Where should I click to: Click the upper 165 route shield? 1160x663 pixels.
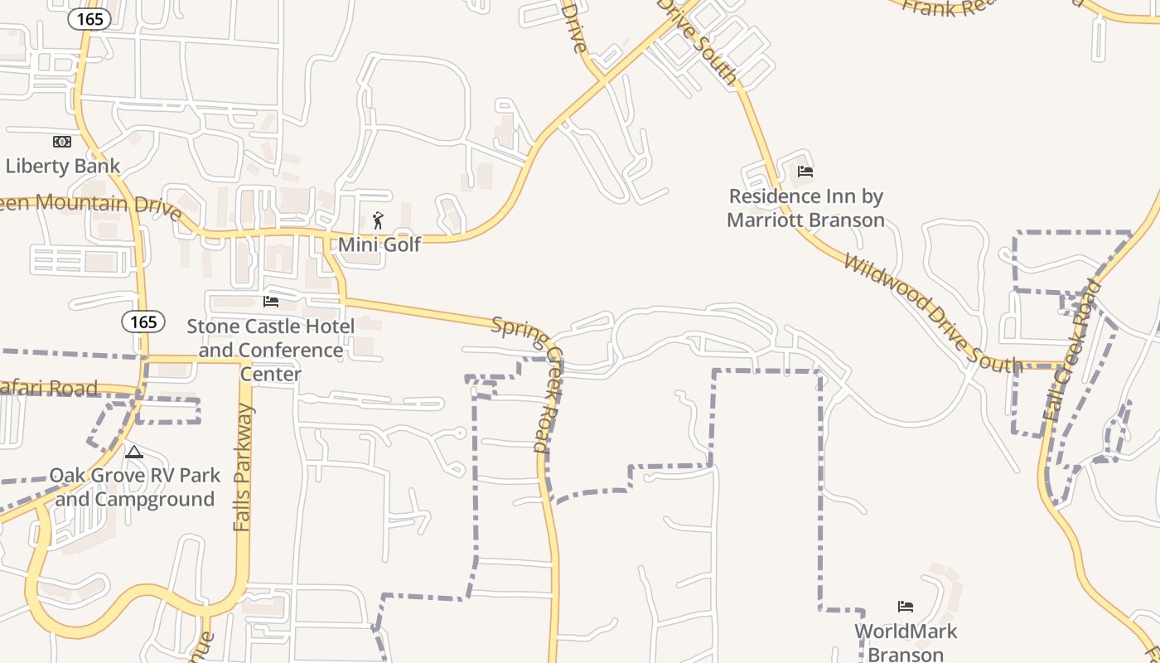[x=89, y=19]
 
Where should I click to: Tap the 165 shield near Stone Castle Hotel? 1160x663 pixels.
[x=143, y=322]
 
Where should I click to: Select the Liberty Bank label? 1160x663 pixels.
[x=63, y=166]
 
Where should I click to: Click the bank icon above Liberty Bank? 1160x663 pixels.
[x=62, y=142]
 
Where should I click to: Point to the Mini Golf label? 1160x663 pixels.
[x=379, y=244]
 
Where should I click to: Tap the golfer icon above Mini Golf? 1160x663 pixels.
[x=379, y=220]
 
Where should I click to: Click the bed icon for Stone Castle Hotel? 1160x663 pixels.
[x=271, y=302]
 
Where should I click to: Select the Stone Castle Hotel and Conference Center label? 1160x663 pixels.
[x=271, y=351]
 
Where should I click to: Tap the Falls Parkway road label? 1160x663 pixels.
[x=242, y=468]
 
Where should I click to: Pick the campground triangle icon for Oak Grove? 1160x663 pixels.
[x=134, y=452]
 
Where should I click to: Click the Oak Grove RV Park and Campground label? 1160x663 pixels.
[x=135, y=487]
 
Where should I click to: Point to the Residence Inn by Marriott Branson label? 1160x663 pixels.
[x=806, y=208]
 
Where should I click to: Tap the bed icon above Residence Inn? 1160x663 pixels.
[x=805, y=172]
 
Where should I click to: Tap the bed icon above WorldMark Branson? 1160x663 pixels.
[x=906, y=607]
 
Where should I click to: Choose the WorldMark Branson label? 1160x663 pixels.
[x=906, y=642]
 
